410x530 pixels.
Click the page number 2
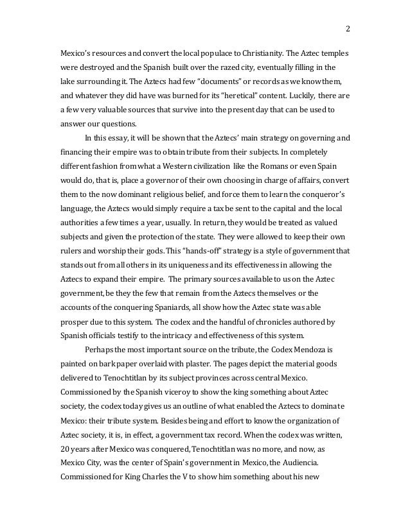pyautogui.click(x=348, y=28)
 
